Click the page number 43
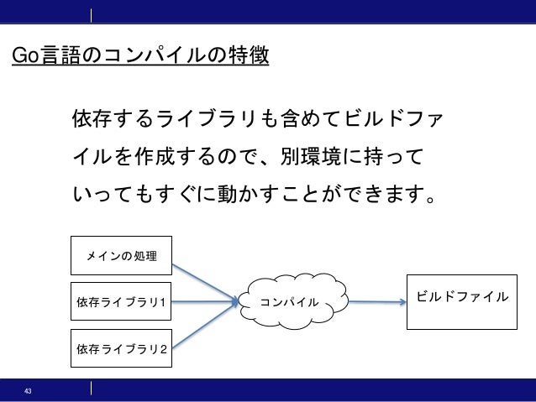click(x=29, y=392)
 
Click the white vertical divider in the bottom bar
click(x=91, y=389)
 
